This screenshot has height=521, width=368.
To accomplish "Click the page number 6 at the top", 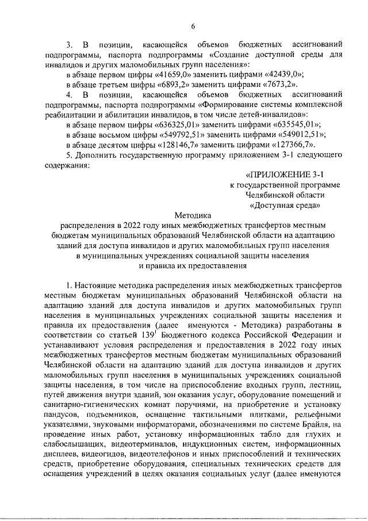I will (193, 26).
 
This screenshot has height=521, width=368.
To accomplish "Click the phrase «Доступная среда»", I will (285, 205).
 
